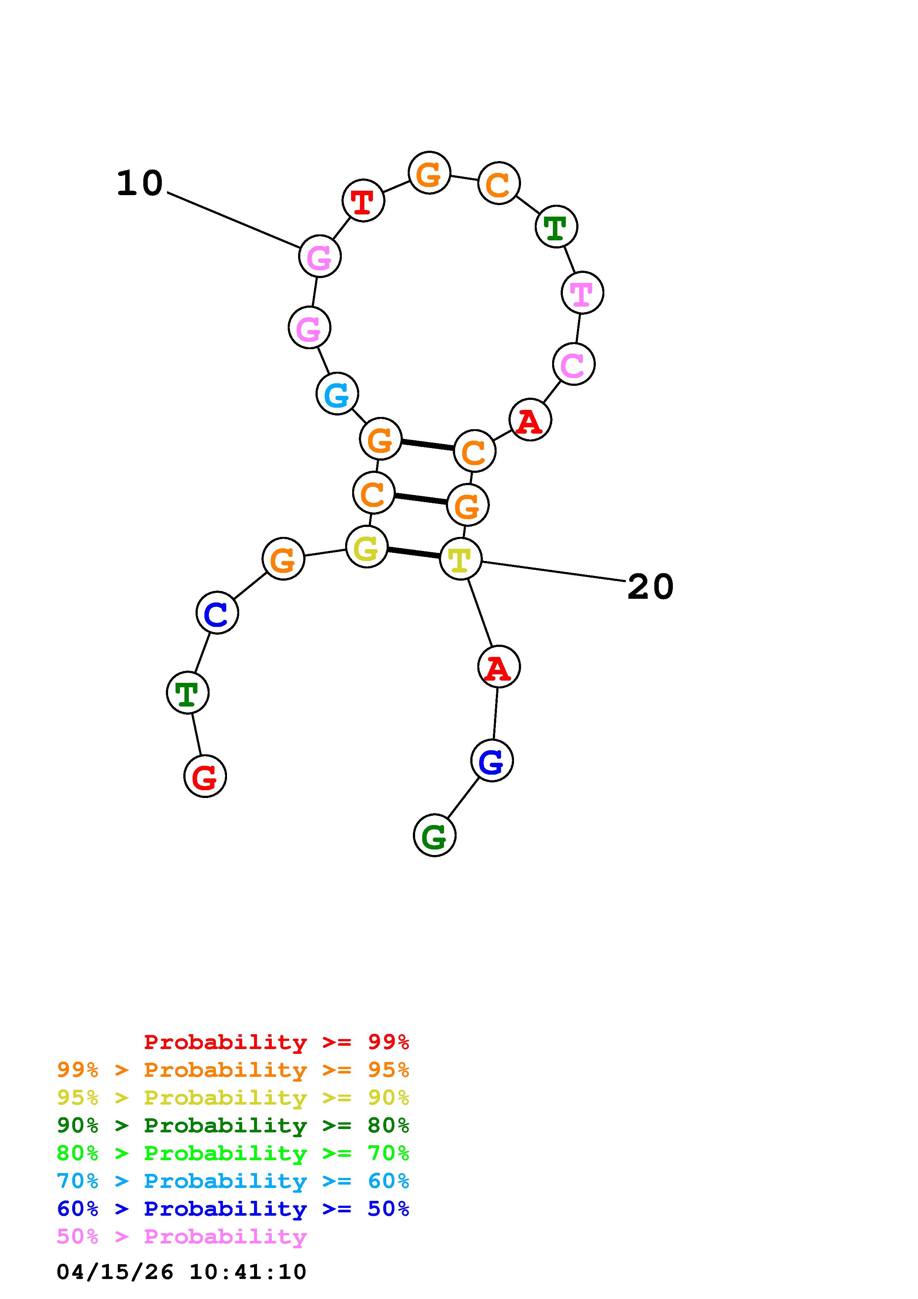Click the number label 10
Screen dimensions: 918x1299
point(140,184)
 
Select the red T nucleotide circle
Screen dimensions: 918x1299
point(363,200)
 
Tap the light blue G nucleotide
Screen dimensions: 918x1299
point(337,394)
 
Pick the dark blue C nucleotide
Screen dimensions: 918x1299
point(217,613)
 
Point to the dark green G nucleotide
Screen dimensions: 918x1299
point(434,835)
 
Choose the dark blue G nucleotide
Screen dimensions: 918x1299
point(492,761)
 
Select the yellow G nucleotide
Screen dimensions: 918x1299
point(367,547)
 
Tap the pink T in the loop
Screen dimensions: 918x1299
point(582,293)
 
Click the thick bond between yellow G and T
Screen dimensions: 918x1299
point(414,553)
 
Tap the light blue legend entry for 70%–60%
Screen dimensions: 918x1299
point(233,1181)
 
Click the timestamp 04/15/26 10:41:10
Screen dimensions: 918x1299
point(181,1272)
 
